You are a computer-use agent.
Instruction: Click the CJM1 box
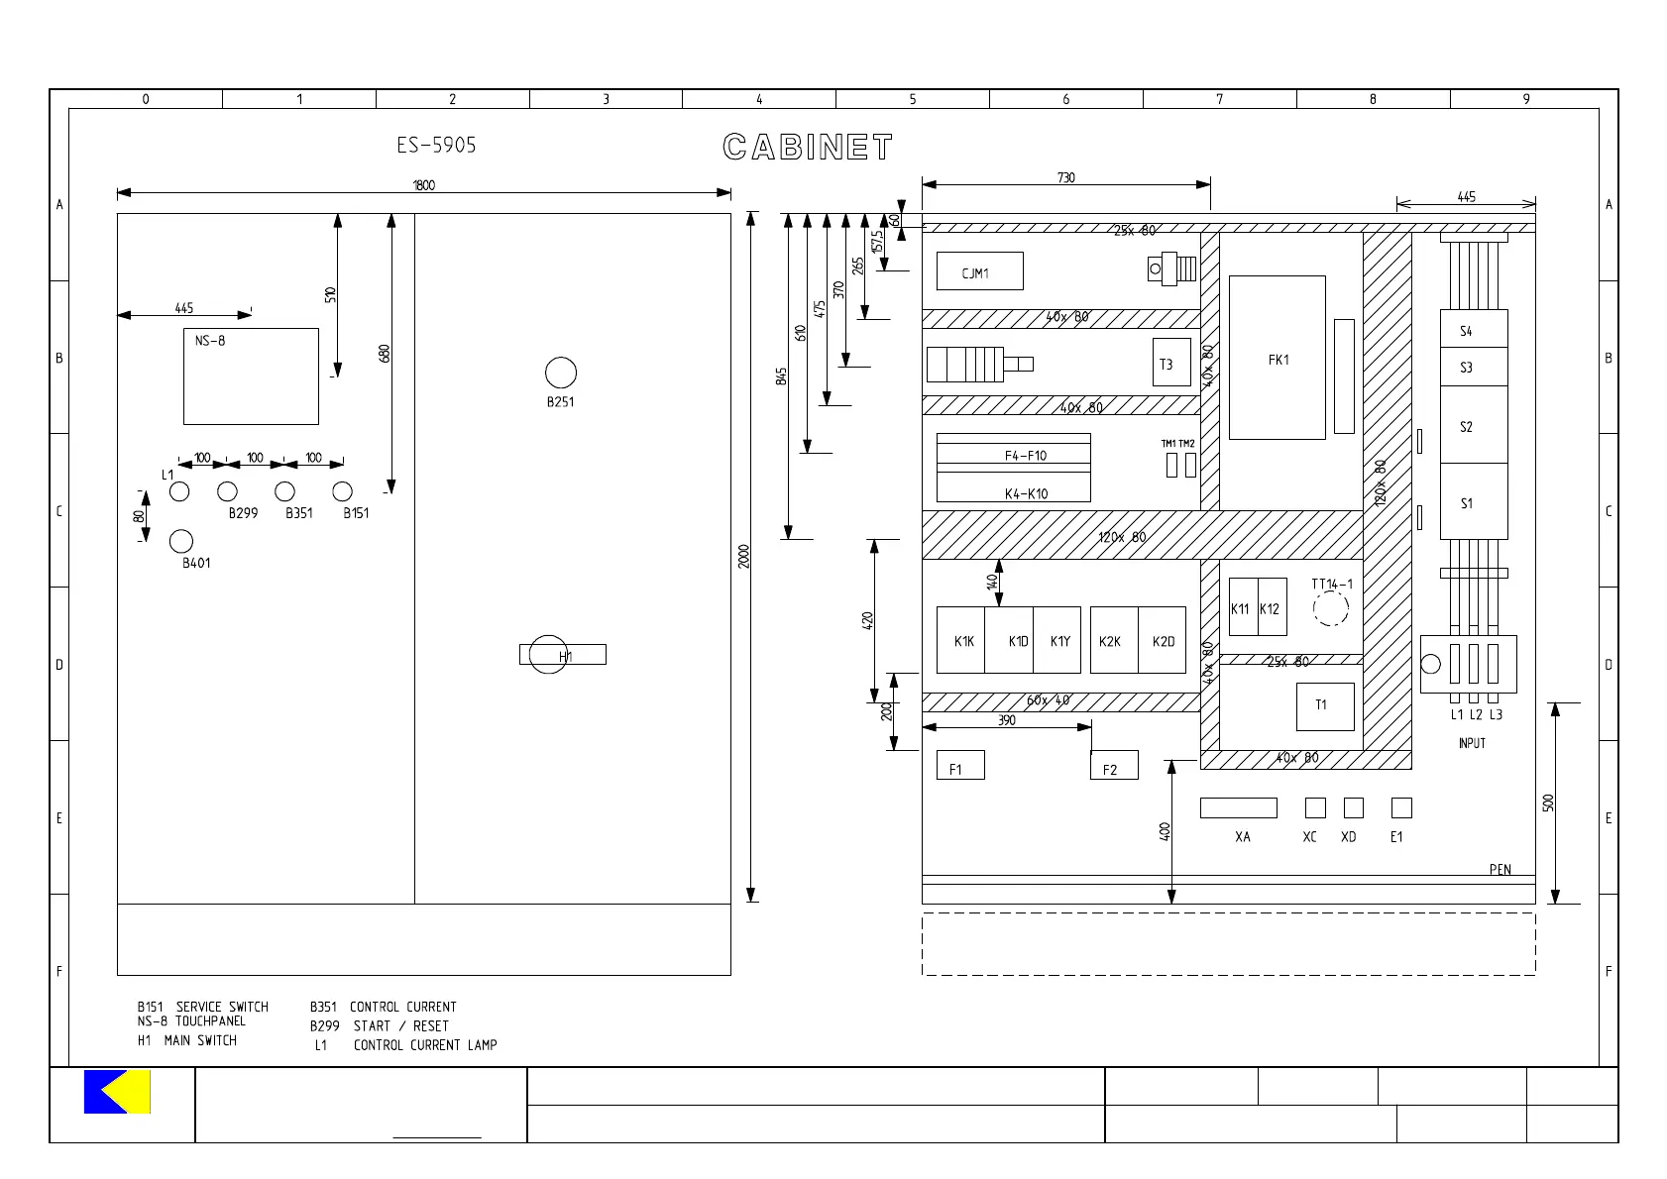(979, 270)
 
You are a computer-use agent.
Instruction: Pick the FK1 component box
(1278, 358)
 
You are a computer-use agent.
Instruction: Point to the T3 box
(1171, 363)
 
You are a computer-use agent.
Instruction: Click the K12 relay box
(1272, 606)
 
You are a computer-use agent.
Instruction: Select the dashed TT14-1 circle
(1331, 608)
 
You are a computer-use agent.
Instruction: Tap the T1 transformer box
(1325, 705)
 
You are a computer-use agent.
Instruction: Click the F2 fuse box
(1114, 765)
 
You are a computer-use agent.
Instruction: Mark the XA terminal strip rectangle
(1238, 807)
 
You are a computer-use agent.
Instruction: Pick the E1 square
(1401, 807)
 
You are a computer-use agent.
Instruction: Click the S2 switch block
(1474, 425)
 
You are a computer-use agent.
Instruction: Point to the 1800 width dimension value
(424, 185)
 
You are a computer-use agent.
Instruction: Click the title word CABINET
(808, 148)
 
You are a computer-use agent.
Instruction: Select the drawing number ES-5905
(436, 145)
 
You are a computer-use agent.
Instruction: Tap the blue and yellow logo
(117, 1091)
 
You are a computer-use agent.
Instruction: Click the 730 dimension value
(1065, 177)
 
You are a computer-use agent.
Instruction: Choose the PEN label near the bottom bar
(1500, 870)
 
